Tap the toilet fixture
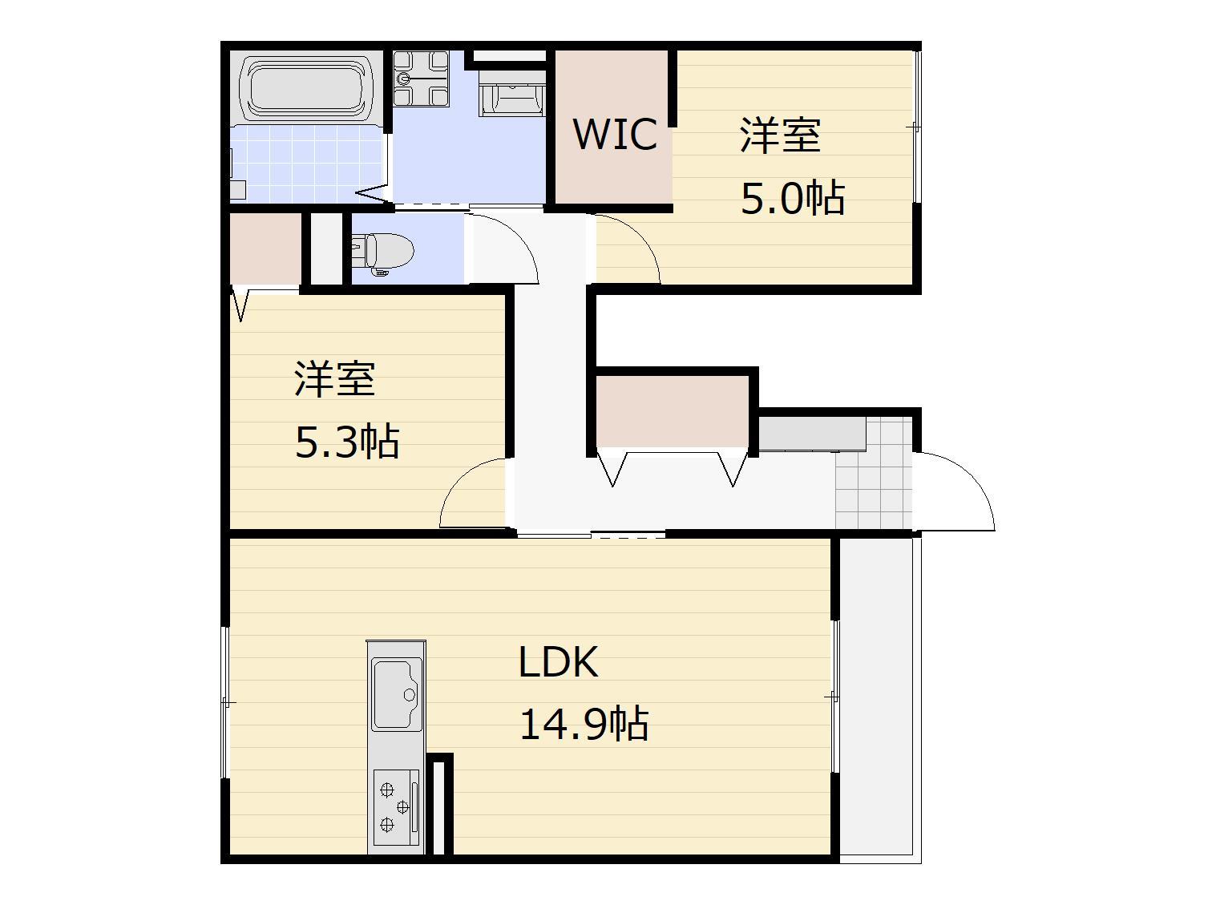coord(383,250)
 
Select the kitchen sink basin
coord(396,694)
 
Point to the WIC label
coord(615,134)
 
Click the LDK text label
coord(558,663)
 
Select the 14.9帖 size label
coord(584,724)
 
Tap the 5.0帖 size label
coord(792,198)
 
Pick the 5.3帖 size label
coord(347,442)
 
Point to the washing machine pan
coord(421,79)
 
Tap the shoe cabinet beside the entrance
coord(811,434)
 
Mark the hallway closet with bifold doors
coord(672,410)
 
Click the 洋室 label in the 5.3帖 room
coord(335,379)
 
